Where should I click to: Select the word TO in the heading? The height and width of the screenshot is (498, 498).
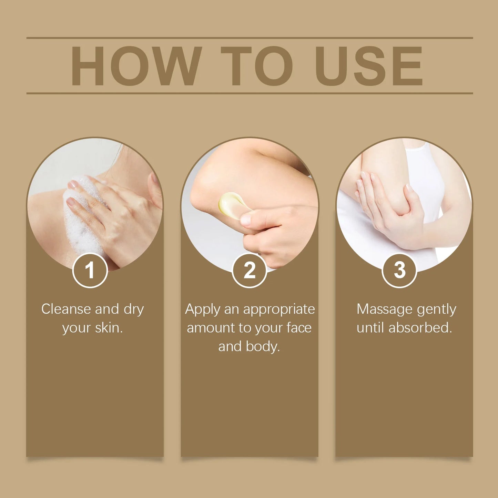[257, 65]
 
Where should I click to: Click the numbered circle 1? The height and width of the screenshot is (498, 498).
[90, 270]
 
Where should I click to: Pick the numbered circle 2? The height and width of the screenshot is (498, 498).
[250, 270]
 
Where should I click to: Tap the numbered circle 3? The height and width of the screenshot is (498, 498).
[399, 270]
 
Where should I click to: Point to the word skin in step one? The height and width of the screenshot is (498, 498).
[108, 328]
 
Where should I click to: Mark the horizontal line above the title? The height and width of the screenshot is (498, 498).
[250, 38]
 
